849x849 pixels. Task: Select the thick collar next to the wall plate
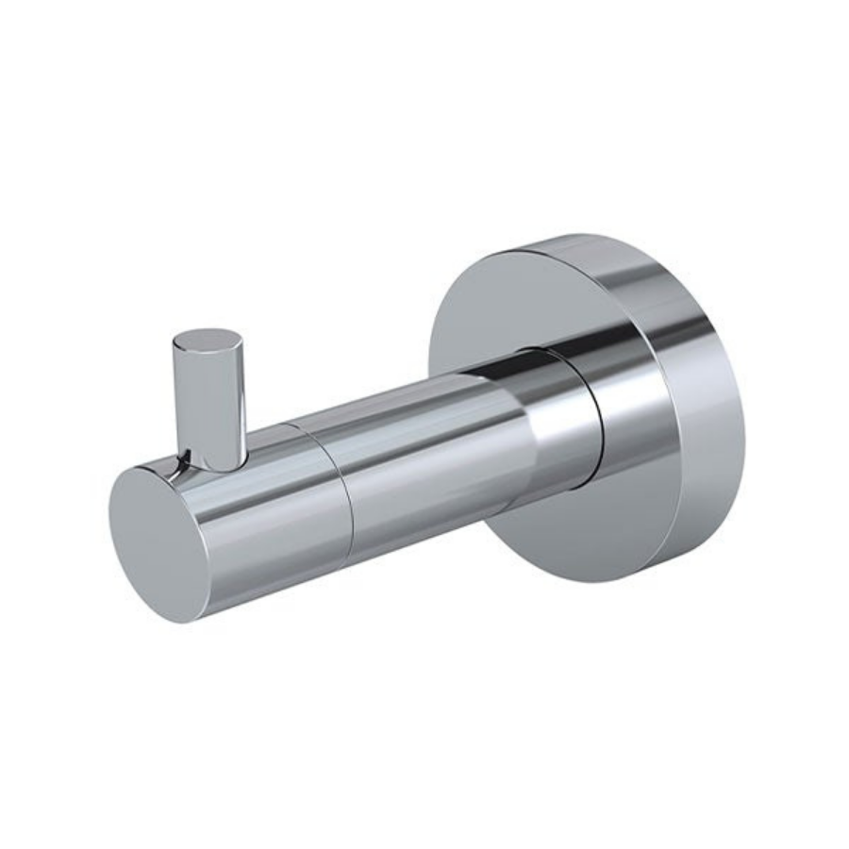point(571,415)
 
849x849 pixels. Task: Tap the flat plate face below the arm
point(566,528)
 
